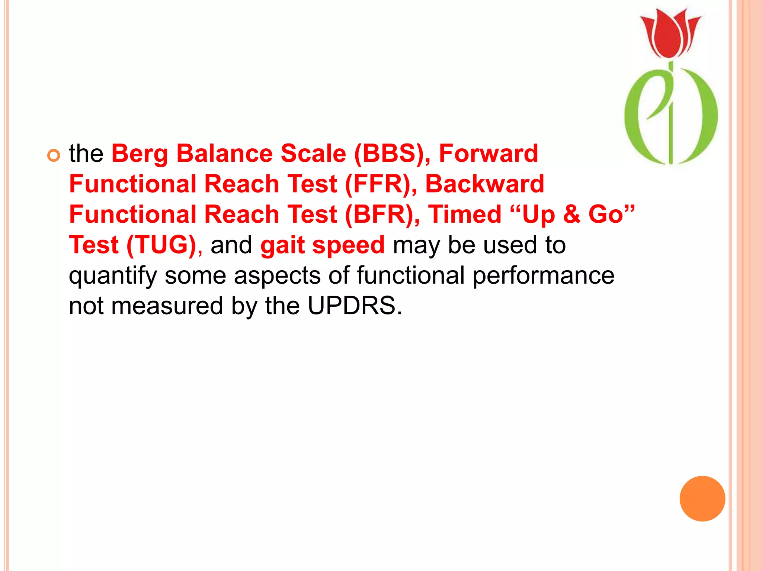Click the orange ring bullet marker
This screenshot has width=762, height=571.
coord(54,156)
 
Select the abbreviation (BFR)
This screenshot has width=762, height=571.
coord(382,214)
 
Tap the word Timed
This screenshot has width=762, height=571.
coord(465,214)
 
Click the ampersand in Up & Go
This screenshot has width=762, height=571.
coord(571,214)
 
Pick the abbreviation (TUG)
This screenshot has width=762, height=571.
coord(161,245)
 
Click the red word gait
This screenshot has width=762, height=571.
coord(282,246)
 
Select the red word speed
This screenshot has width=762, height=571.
coord(348,246)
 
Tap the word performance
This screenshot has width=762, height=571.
coord(543,275)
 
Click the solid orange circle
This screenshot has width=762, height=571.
coord(702,499)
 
